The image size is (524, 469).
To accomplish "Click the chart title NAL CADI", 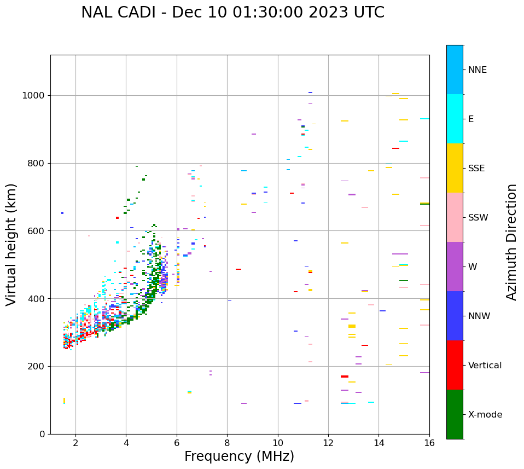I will [232, 13].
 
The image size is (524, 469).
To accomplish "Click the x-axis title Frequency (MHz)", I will [239, 456].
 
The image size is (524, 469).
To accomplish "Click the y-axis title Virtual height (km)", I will [11, 245].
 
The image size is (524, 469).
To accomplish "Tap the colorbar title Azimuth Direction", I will [511, 242].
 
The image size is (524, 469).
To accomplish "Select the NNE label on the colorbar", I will [477, 70].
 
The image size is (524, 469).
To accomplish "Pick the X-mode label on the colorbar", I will [485, 415].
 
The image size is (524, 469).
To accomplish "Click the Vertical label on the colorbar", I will [485, 366].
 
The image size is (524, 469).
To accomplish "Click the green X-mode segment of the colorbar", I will [455, 414].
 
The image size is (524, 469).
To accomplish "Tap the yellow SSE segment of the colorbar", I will [455, 168].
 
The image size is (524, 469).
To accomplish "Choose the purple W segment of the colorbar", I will [455, 267].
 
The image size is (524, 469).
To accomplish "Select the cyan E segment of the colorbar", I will [455, 119].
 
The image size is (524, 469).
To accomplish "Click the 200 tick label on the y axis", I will [37, 367].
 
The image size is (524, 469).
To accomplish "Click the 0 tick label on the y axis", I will [42, 435].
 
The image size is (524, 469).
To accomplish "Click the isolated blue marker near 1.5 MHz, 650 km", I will [62, 213].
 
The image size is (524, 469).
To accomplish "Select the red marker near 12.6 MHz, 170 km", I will [345, 377].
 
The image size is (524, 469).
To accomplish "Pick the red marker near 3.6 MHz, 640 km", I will [117, 218].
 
